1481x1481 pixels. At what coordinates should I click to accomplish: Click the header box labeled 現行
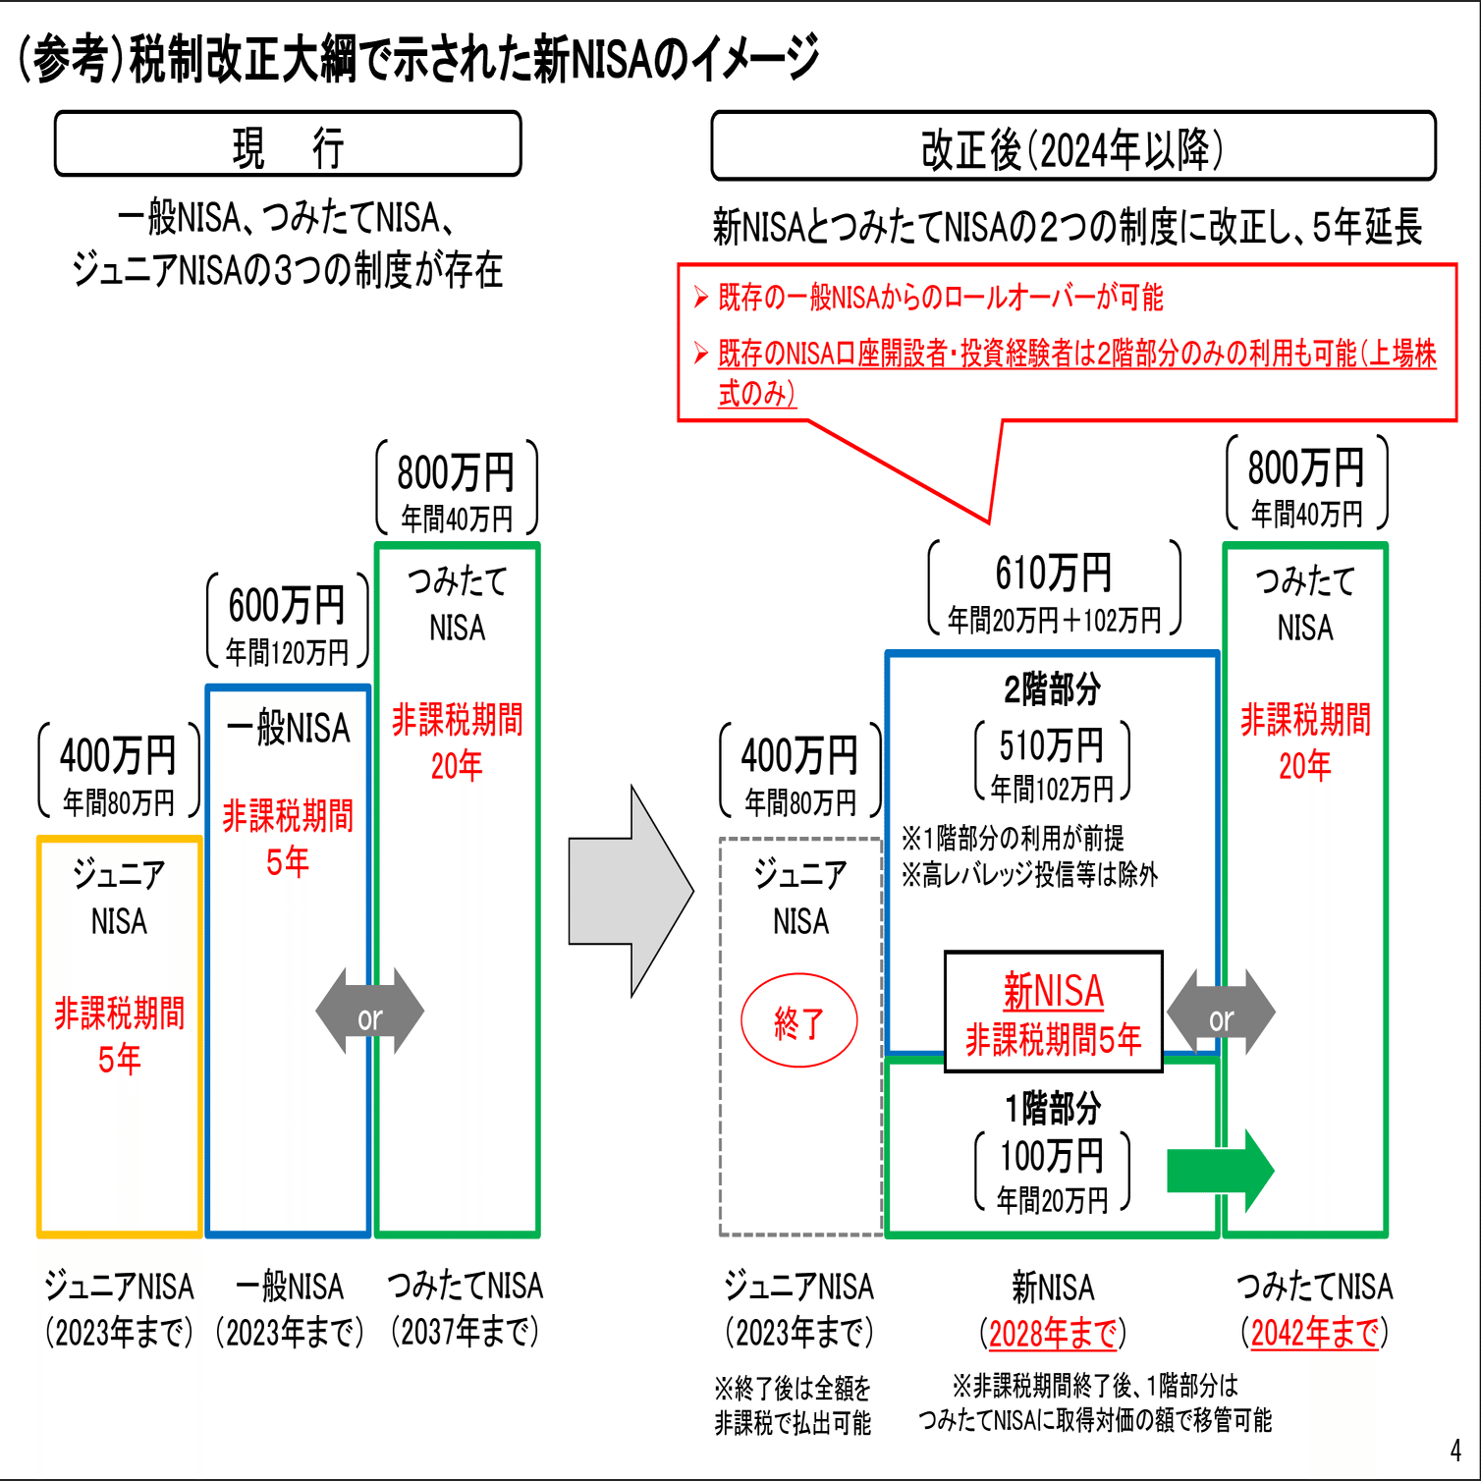(x=288, y=145)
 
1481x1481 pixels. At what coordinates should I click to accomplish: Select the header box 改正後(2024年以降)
(x=1072, y=147)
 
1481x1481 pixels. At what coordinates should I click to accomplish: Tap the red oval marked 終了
(x=798, y=1022)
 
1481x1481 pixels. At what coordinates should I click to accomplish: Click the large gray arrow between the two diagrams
(x=631, y=892)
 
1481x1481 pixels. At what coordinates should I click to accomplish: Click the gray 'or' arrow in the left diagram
(x=369, y=1012)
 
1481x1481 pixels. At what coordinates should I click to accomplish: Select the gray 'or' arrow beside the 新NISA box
(x=1221, y=1013)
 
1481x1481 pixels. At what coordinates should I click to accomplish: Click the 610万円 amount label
(x=1053, y=574)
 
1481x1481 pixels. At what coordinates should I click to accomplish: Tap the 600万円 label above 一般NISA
(x=287, y=606)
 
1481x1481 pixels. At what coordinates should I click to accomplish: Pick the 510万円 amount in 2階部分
(x=1052, y=746)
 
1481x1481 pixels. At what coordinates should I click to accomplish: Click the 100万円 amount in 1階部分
(x=1052, y=1157)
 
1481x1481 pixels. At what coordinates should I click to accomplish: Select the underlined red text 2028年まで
(x=1053, y=1333)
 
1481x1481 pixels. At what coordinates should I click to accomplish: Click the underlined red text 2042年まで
(x=1314, y=1333)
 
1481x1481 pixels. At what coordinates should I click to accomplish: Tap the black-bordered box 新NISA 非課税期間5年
(x=1053, y=1012)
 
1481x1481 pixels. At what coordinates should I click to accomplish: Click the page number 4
(x=1455, y=1451)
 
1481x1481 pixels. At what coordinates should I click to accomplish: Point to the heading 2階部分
(x=1052, y=689)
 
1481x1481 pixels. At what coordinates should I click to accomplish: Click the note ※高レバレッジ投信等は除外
(x=1029, y=874)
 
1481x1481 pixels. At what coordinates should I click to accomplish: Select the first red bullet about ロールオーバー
(x=940, y=297)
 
